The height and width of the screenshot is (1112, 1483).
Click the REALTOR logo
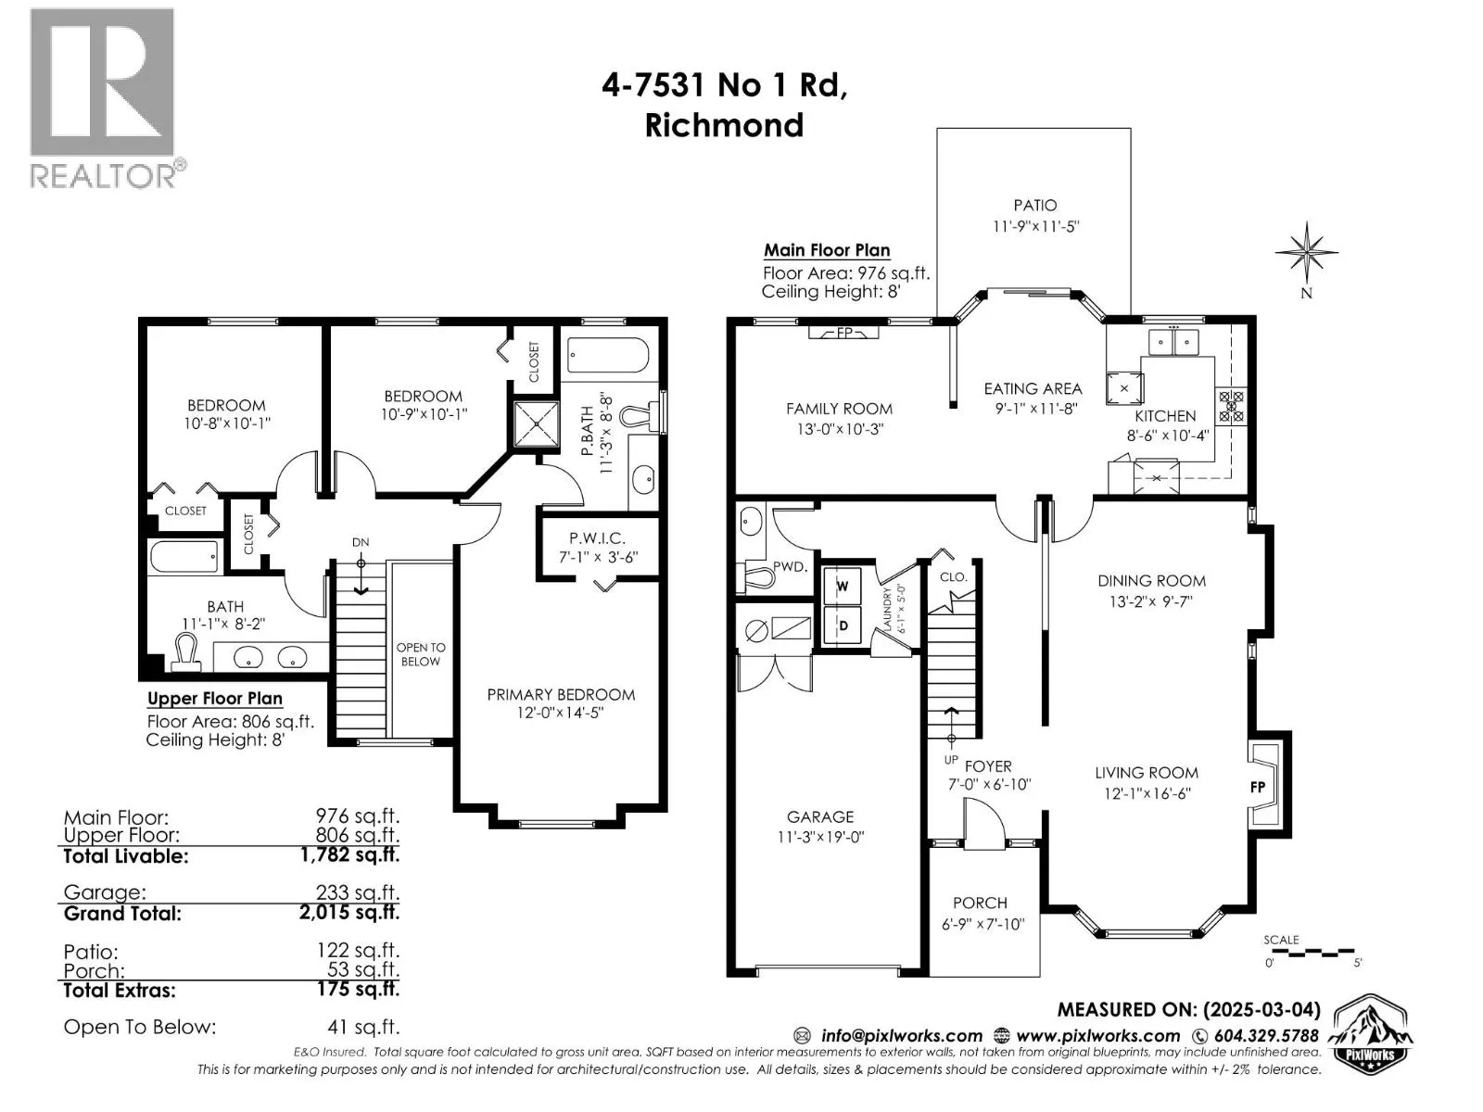108,98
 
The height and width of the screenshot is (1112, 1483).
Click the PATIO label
1034,205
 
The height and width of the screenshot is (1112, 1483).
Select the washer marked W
842,586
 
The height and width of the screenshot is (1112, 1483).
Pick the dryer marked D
843,625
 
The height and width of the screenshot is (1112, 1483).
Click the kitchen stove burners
1230,407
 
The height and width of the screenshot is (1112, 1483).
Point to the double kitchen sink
1173,342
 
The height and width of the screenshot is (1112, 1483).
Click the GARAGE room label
820,817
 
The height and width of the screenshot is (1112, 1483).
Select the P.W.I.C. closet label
597,538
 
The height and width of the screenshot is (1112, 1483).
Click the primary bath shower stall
537,424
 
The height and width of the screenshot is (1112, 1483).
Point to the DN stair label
361,542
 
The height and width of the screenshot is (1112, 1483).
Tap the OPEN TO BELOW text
420,654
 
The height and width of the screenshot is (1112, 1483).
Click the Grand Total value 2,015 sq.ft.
349,913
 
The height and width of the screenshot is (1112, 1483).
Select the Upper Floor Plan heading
215,699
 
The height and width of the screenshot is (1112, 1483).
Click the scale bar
1309,954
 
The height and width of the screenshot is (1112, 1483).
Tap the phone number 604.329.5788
1266,1036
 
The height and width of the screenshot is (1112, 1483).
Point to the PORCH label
980,903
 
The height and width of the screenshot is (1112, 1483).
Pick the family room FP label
843,332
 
